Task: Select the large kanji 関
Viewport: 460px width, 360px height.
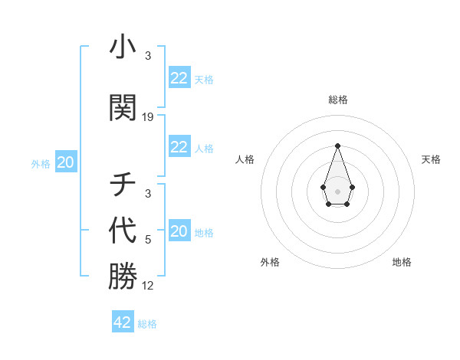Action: point(123,109)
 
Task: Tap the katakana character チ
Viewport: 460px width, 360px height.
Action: point(123,185)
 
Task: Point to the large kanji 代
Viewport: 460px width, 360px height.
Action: point(123,230)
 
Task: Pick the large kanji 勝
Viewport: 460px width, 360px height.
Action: point(123,277)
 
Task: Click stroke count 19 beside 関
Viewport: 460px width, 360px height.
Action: point(148,117)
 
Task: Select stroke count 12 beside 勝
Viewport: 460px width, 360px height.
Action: point(148,286)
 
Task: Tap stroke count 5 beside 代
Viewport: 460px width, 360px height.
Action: point(148,239)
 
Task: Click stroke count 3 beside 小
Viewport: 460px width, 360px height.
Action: point(148,56)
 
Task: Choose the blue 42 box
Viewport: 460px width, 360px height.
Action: point(123,322)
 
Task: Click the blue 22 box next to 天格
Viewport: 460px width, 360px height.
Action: point(179,78)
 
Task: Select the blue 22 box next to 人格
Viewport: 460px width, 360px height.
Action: point(179,147)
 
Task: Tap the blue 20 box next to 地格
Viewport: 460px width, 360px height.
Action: point(179,231)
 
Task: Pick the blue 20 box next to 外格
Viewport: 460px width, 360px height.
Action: point(66,162)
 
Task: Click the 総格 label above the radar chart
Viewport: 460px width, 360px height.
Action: point(337,100)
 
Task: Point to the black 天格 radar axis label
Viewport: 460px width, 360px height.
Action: point(431,159)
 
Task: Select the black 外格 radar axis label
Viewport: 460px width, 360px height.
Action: point(270,262)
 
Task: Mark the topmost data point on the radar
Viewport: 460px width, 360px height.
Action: point(337,145)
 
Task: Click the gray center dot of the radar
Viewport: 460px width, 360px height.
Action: point(337,191)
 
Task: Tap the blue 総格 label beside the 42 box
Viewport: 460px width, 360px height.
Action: point(147,324)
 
